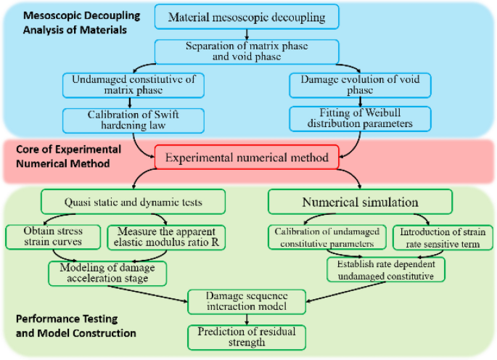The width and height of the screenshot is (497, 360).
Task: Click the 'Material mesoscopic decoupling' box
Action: [x=247, y=17]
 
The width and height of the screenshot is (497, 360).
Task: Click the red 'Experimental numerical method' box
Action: [x=247, y=156]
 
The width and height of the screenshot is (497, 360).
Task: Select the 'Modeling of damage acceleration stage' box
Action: [x=107, y=273]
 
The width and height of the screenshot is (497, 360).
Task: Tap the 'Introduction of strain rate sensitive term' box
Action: [x=444, y=237]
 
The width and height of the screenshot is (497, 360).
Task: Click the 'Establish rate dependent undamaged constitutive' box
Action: [x=385, y=269]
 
